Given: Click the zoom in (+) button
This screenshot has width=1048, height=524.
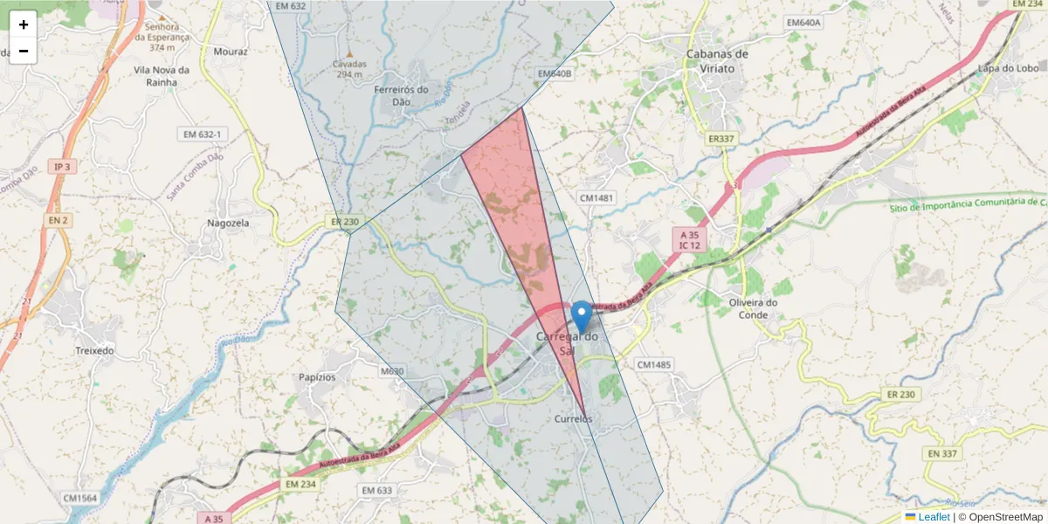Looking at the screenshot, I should pos(24,24).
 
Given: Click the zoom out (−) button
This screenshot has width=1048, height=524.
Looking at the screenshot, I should pos(24,51).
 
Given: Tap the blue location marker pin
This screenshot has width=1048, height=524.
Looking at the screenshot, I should pos(581,315).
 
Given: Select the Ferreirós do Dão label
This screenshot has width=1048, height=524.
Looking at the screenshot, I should pos(401,95).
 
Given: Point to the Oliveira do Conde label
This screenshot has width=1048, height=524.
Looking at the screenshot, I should pos(753,308).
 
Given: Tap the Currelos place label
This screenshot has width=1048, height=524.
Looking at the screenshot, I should pos(573,419).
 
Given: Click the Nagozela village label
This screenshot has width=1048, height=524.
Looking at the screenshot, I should pos(228,223).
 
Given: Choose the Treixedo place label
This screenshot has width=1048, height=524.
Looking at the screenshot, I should pos(94,350).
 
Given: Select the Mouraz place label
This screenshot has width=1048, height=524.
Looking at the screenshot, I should pos(231,52).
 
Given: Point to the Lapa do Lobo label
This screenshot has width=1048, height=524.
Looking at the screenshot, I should pos(1008,68).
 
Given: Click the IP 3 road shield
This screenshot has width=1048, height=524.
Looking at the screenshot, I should pos(60,166).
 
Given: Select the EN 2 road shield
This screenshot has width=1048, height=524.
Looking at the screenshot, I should pos(58,220).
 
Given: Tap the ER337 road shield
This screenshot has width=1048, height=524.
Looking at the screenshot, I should pos(722,138).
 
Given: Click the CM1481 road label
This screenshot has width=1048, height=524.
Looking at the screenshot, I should pos(596,198).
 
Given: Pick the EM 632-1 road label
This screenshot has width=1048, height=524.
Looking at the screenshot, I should pos(202,134).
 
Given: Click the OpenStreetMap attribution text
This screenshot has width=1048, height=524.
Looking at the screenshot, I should pos(1000,517).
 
